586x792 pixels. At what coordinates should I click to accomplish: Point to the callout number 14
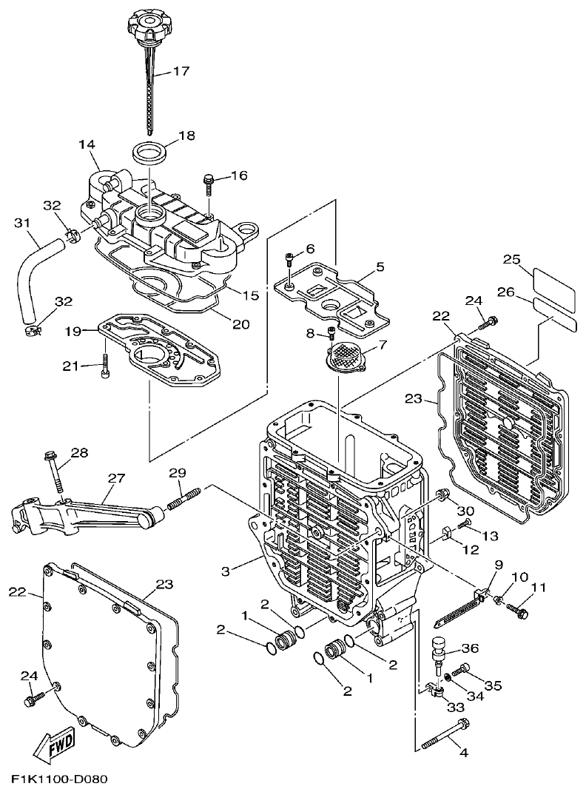point(87,145)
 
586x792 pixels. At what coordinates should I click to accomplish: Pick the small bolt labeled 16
point(209,181)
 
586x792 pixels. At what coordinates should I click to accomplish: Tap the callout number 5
point(379,266)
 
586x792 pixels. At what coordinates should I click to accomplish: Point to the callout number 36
point(470,648)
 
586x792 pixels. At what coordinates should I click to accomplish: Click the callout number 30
point(465,511)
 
